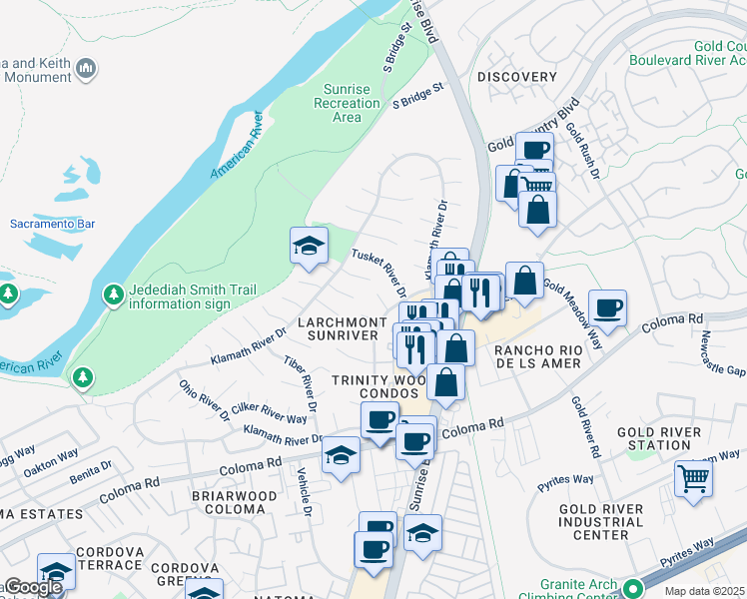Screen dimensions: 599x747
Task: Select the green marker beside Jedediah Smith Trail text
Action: [113, 296]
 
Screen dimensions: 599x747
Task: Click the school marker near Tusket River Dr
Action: [309, 246]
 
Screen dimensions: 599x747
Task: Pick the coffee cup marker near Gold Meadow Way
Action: [607, 308]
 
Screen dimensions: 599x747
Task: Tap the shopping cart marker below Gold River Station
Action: [692, 477]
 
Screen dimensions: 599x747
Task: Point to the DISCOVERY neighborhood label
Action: [516, 77]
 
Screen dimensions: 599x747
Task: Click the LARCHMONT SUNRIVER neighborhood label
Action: [343, 328]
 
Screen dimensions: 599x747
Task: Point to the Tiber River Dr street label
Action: [301, 383]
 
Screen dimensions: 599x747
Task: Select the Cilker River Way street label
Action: [270, 413]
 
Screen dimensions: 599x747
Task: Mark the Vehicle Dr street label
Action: [303, 494]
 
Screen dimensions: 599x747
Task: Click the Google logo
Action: [32, 587]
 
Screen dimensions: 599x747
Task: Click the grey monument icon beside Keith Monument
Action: [86, 69]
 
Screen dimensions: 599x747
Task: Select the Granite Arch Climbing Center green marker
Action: [630, 587]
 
